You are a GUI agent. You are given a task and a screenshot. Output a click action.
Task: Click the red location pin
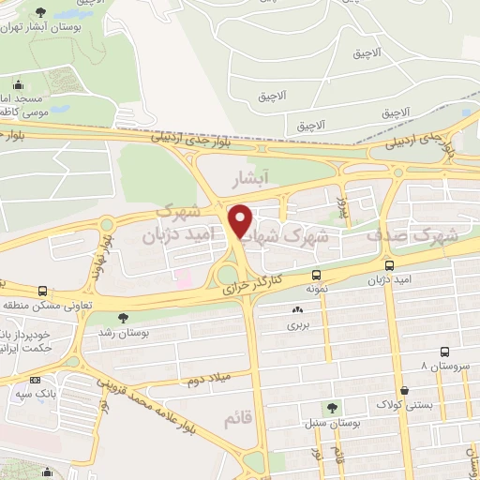pos(241,220)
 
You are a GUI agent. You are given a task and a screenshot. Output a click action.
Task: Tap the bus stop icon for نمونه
pos(316,276)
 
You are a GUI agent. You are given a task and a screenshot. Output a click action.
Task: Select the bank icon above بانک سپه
pos(35,381)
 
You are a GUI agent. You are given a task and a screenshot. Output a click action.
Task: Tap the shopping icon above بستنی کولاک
pos(403,391)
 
